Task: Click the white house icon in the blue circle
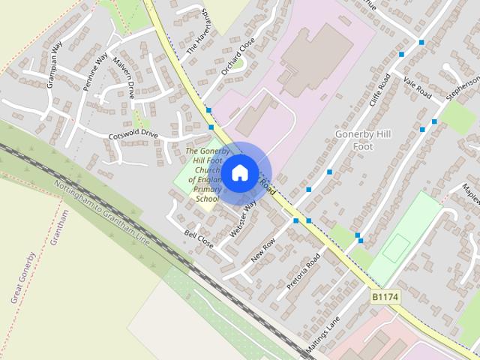[239, 173]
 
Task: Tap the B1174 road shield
[385, 298]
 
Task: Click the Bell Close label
[199, 239]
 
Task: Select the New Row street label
[263, 249]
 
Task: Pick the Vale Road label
[416, 89]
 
